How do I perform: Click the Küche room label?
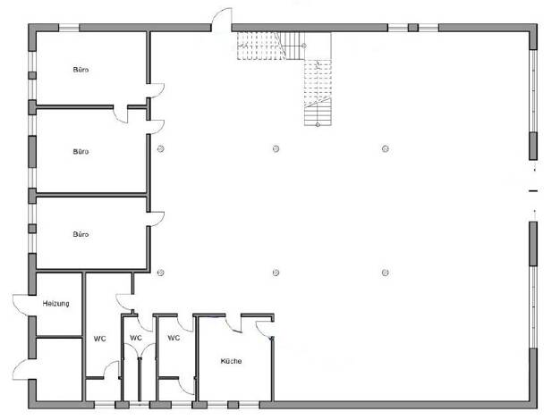tap(231, 361)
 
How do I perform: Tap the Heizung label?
tap(55, 304)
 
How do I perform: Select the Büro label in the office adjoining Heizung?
tap(81, 234)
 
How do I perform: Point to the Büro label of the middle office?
tap(81, 152)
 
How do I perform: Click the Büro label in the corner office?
tap(81, 70)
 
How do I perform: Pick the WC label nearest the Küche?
tap(174, 338)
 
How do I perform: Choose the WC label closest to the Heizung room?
tap(100, 339)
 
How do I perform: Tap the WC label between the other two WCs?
tap(136, 338)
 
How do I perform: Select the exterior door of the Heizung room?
tap(21, 305)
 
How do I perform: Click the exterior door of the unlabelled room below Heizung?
tap(21, 369)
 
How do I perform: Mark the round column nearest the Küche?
tap(276, 273)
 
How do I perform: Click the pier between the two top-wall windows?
tap(413, 28)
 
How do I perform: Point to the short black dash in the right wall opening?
tap(533, 191)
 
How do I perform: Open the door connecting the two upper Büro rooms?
tap(121, 114)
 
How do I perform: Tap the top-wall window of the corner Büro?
tap(69, 28)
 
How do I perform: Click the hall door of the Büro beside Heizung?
tap(156, 218)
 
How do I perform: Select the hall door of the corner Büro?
tap(156, 90)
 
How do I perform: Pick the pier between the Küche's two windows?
tap(233, 405)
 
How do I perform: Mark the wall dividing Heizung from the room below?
tap(59, 337)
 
